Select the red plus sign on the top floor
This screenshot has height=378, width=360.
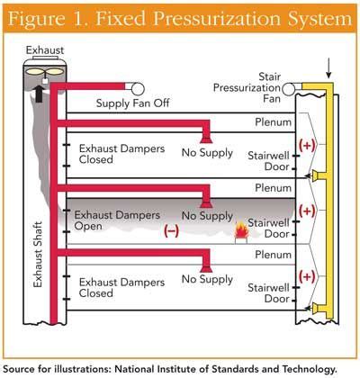[x=307, y=145]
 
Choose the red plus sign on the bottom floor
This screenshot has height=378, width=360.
[x=307, y=274]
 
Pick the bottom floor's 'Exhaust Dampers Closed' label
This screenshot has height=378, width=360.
[x=108, y=285]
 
